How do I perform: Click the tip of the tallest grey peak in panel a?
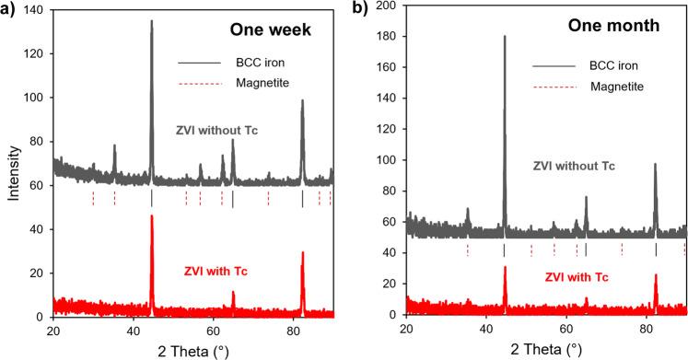pos(152,20)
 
